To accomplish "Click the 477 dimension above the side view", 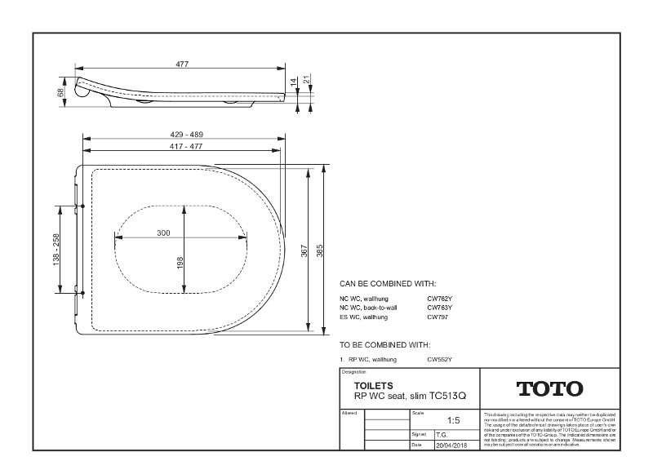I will coord(182,64).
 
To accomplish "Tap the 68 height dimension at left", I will coord(60,93).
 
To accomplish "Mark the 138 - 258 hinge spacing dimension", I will coord(56,250).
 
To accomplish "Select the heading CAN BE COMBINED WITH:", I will coord(388,283).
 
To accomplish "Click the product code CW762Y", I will coord(439,299).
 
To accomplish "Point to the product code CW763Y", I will coord(439,308).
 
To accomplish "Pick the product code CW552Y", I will coord(439,359).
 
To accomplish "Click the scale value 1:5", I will coord(454,421).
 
